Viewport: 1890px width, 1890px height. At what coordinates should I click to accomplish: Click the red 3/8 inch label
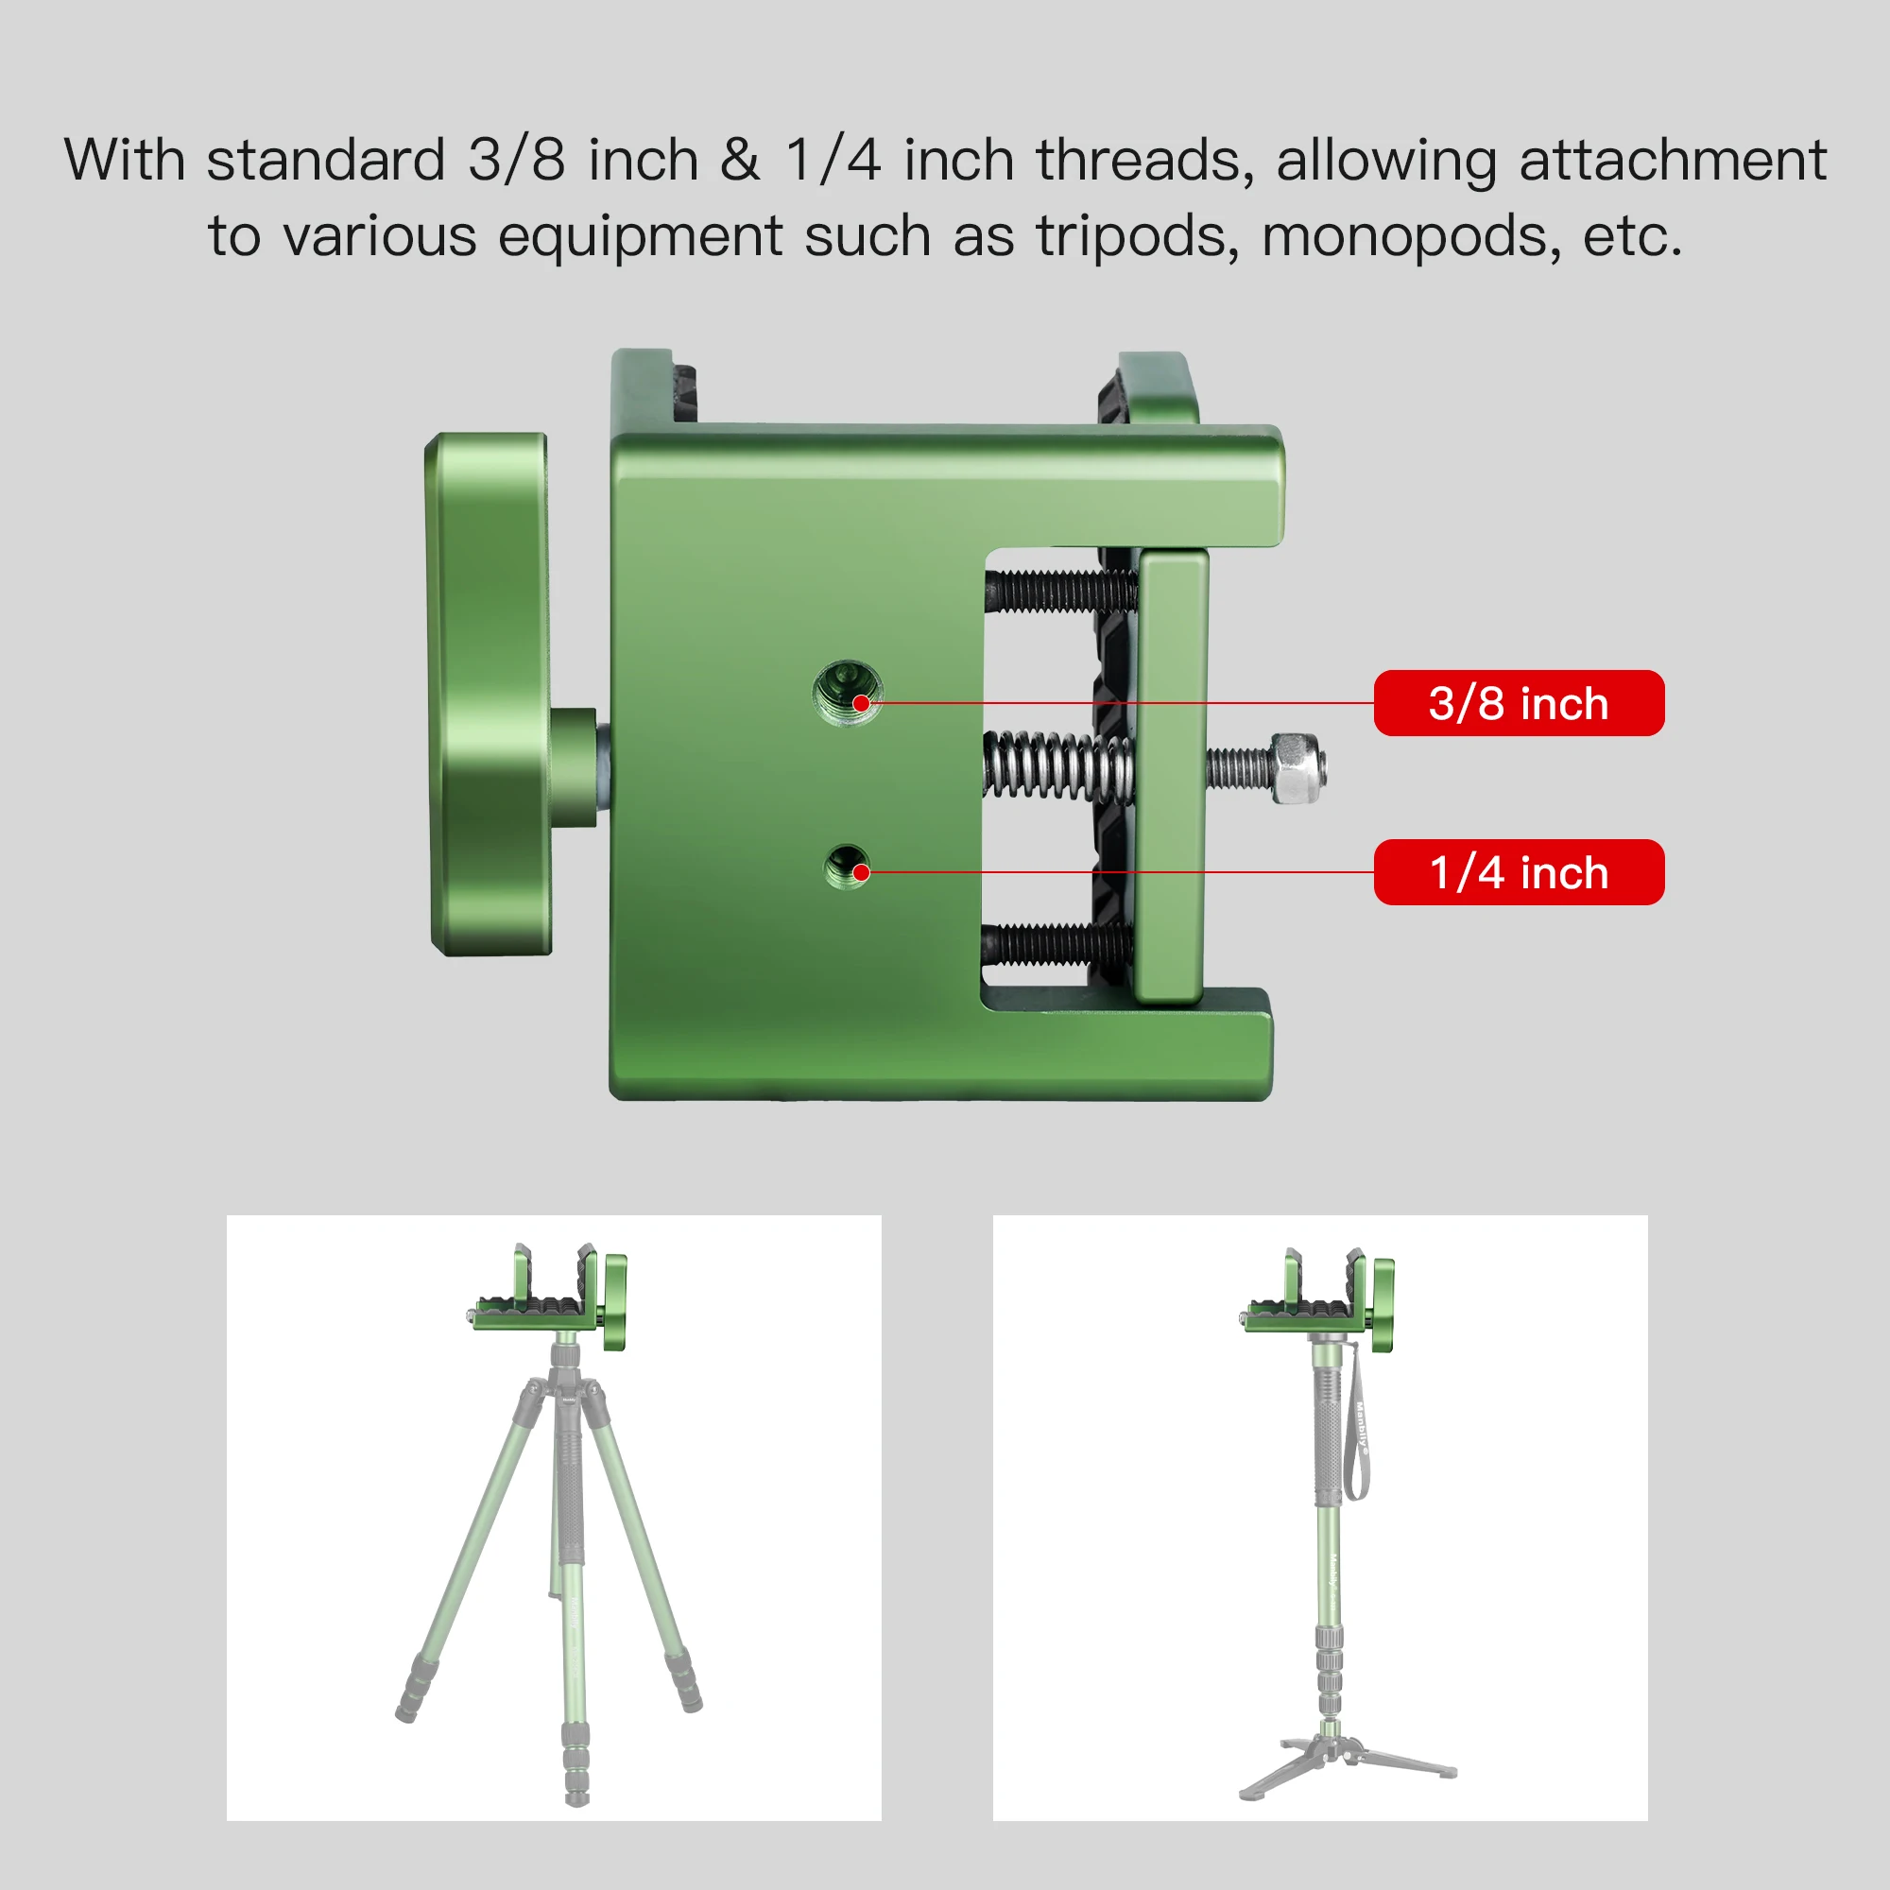point(1519,702)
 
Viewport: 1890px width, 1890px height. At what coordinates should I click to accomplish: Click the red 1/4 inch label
point(1519,871)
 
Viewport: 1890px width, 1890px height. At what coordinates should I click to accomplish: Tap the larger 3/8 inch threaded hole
point(847,694)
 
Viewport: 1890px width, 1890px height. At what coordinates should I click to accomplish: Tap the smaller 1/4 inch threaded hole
point(847,867)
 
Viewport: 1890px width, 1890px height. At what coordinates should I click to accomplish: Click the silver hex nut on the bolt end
point(1298,769)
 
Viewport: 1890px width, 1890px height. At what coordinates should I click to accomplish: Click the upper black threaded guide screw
point(1061,591)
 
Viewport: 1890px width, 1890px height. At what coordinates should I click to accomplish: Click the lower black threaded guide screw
point(1057,943)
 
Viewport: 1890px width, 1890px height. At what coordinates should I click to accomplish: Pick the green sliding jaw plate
point(1173,778)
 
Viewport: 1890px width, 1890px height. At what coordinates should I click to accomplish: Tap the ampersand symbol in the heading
point(740,160)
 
